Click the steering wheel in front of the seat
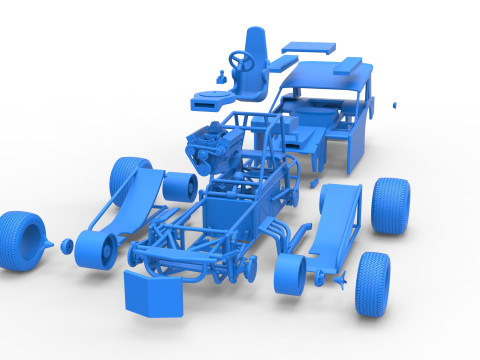coord(241,62)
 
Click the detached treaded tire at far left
coord(22,240)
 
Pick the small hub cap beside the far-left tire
coord(65,243)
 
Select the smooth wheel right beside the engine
coord(180,185)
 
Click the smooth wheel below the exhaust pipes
coord(290,276)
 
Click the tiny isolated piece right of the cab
coord(396,103)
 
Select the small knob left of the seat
coord(220,74)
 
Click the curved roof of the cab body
coord(330,75)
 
